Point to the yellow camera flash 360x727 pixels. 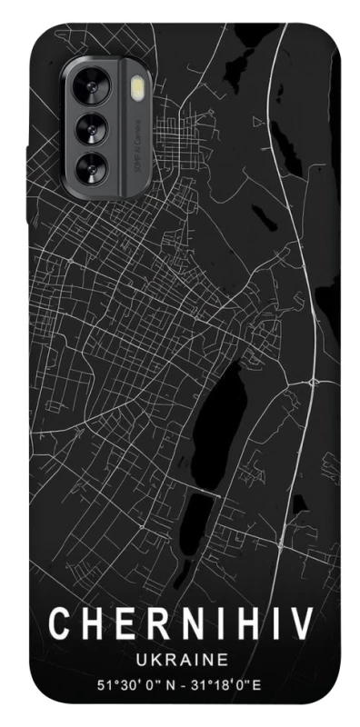point(137,88)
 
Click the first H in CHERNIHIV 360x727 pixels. point(94,625)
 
